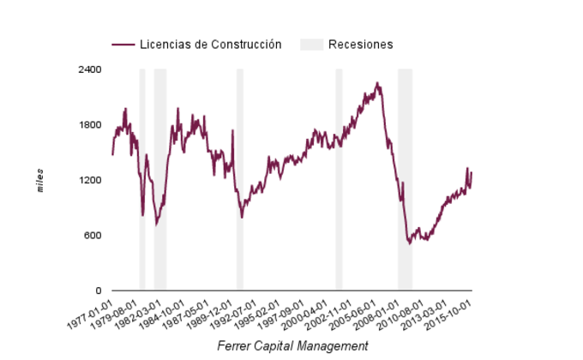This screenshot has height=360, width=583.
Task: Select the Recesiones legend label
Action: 360,45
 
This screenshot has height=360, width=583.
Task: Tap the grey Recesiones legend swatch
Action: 311,45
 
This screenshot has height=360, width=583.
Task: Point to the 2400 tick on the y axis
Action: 90,69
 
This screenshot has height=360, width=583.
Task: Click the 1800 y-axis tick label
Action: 90,125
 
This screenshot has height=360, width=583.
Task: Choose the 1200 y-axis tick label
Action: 90,181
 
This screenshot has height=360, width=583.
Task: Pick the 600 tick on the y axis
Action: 93,236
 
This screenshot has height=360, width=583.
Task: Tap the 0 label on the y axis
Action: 98,291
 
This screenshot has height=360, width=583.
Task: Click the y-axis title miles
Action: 40,181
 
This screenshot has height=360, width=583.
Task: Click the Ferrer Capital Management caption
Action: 292,345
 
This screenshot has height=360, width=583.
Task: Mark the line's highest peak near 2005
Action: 377,83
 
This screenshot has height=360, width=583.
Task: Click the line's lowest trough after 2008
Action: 410,243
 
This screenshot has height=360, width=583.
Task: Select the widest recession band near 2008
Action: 405,180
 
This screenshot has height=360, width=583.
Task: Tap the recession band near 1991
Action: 240,180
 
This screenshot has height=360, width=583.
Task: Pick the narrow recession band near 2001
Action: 339,180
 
